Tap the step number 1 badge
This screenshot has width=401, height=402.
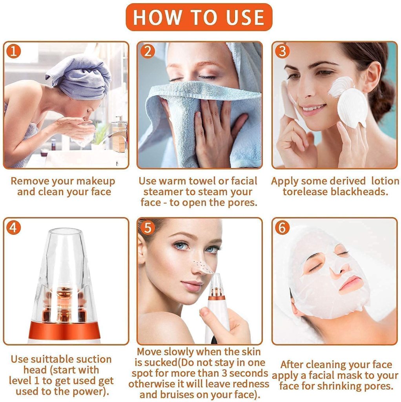pyautogui.click(x=13, y=51)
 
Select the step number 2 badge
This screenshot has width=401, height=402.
pyautogui.click(x=147, y=51)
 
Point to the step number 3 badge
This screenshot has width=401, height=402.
pyautogui.click(x=282, y=51)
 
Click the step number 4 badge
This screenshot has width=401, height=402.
pyautogui.click(x=13, y=227)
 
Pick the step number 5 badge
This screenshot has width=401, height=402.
pyautogui.click(x=147, y=227)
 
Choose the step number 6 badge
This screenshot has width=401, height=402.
pyautogui.click(x=282, y=227)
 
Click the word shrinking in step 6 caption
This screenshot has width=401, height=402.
pyautogui.click(x=343, y=386)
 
